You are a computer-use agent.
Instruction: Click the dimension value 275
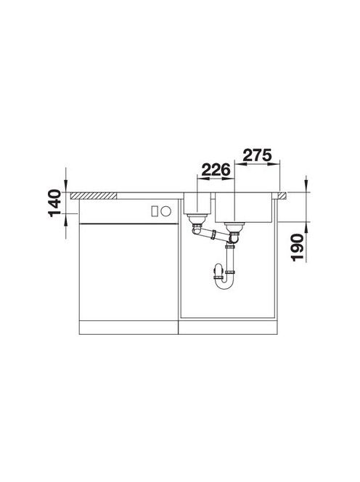257,155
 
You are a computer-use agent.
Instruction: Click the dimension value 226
216,170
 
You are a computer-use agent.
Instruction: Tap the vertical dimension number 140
55,203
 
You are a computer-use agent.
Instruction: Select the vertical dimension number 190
298,247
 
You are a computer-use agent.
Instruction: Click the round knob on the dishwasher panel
166,211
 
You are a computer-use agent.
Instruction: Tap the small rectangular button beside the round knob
155,211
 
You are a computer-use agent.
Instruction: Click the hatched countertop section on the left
94,195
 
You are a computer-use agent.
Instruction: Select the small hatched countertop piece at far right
282,195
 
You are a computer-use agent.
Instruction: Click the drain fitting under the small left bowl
197,219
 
